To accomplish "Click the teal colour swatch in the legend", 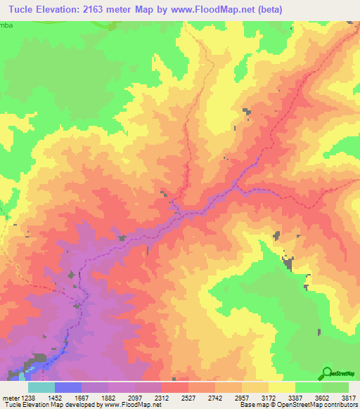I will [41, 387].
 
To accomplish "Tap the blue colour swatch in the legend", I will [68, 387].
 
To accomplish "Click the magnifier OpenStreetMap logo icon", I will [326, 373].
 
